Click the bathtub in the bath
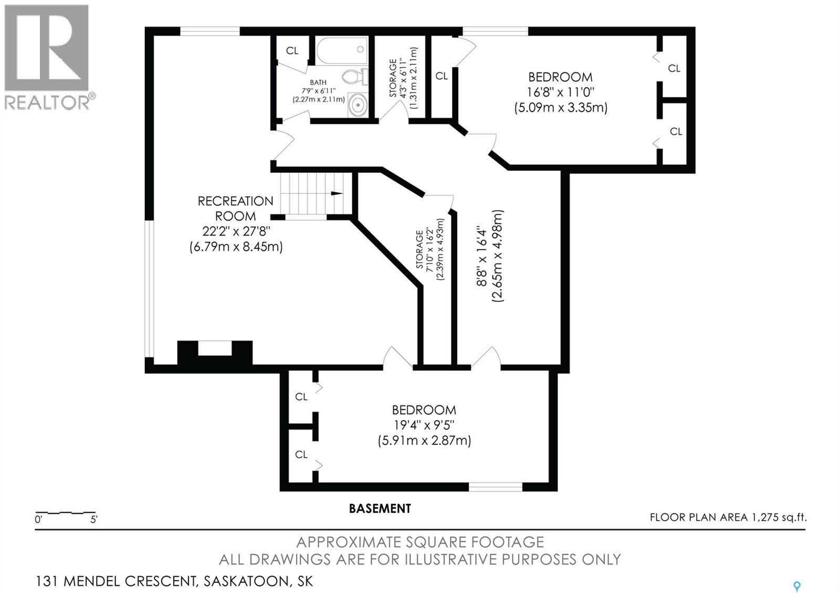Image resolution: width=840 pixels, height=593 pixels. pos(342,50)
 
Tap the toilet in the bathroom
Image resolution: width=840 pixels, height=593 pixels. pos(354,77)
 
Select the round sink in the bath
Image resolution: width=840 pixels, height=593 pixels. pos(358,104)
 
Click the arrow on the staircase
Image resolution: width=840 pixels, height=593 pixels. pos(337,194)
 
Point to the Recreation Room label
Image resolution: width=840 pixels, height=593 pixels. pos(236,208)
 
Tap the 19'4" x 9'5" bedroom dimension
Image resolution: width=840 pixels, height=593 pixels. pos(424,425)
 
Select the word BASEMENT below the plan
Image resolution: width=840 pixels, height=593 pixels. pos(380,509)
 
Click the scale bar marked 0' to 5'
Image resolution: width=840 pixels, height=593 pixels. pos(65,513)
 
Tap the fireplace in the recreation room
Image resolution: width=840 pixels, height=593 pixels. pos(215,352)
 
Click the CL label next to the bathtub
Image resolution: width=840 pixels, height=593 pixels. pos(292,50)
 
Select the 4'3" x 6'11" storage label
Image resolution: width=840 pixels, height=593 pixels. pos(403,78)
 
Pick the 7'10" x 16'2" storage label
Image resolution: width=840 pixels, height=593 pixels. pos(430,249)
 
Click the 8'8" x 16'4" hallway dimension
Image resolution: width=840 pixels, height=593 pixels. pos(490,256)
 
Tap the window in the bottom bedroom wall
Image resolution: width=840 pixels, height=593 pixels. pos(496,487)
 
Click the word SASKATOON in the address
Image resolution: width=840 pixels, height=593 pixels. pos(246,581)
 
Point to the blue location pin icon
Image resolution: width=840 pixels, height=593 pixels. pos(797,586)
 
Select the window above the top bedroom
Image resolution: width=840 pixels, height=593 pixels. pos(495,31)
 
